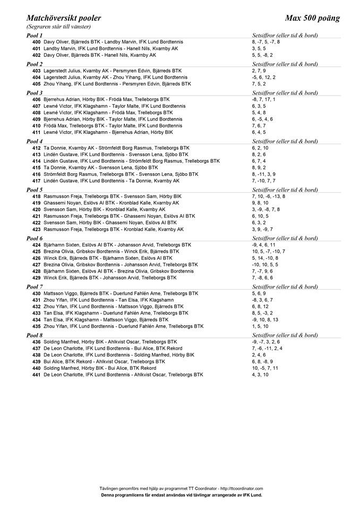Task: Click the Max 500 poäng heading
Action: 312,18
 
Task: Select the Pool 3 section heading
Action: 34,93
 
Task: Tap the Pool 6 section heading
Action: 34,239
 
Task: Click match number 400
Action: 36,41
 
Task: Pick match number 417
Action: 36,181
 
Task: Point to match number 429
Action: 36,277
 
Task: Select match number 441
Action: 36,375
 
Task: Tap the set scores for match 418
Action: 268,196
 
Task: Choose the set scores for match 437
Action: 267,348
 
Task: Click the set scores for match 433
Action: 263,313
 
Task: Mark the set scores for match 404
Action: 264,77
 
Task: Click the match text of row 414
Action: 131,161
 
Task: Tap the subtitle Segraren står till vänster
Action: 58,27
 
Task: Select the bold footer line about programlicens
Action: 181,494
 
